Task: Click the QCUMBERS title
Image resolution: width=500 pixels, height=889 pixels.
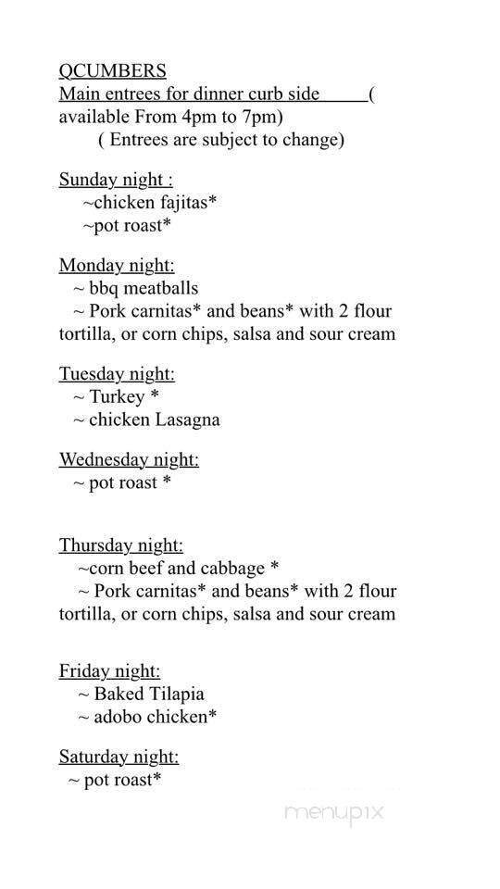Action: [112, 70]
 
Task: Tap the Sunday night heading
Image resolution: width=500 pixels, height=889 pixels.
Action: [116, 179]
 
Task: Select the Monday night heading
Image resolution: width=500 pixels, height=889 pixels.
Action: [117, 265]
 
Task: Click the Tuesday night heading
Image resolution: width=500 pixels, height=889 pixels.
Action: [117, 373]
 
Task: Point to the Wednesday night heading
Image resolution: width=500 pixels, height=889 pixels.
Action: [129, 458]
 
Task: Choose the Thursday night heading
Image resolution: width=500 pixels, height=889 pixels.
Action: [121, 545]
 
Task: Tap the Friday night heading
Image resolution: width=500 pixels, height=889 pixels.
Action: [109, 670]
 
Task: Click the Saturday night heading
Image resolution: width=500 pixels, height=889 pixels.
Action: [119, 757]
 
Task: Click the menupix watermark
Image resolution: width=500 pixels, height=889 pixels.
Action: [333, 813]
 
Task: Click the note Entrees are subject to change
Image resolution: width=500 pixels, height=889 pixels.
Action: [220, 140]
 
